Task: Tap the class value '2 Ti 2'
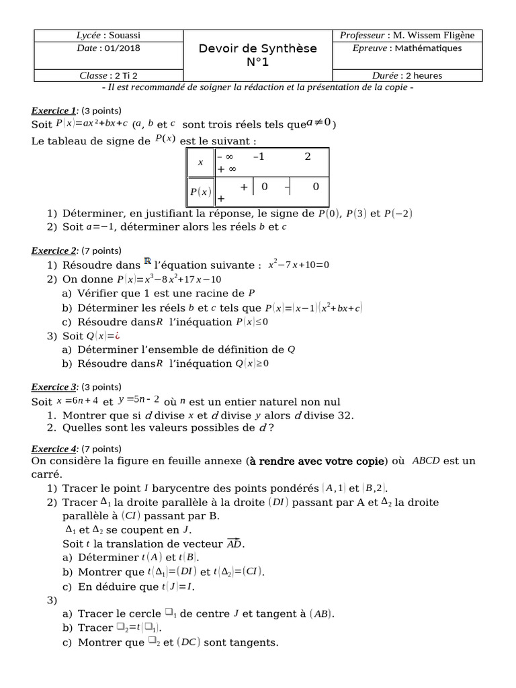click(x=128, y=76)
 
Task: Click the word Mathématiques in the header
click(x=429, y=48)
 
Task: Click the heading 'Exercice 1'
click(x=54, y=110)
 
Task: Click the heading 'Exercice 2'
click(x=54, y=251)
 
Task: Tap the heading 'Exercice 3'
click(x=54, y=387)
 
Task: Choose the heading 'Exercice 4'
click(x=54, y=449)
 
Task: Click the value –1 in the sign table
click(x=259, y=157)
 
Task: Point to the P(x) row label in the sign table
click(x=201, y=191)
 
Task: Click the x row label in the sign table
click(x=200, y=163)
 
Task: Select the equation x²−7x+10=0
click(x=299, y=265)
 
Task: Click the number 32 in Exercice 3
click(x=343, y=415)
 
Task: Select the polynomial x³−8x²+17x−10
click(x=178, y=279)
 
